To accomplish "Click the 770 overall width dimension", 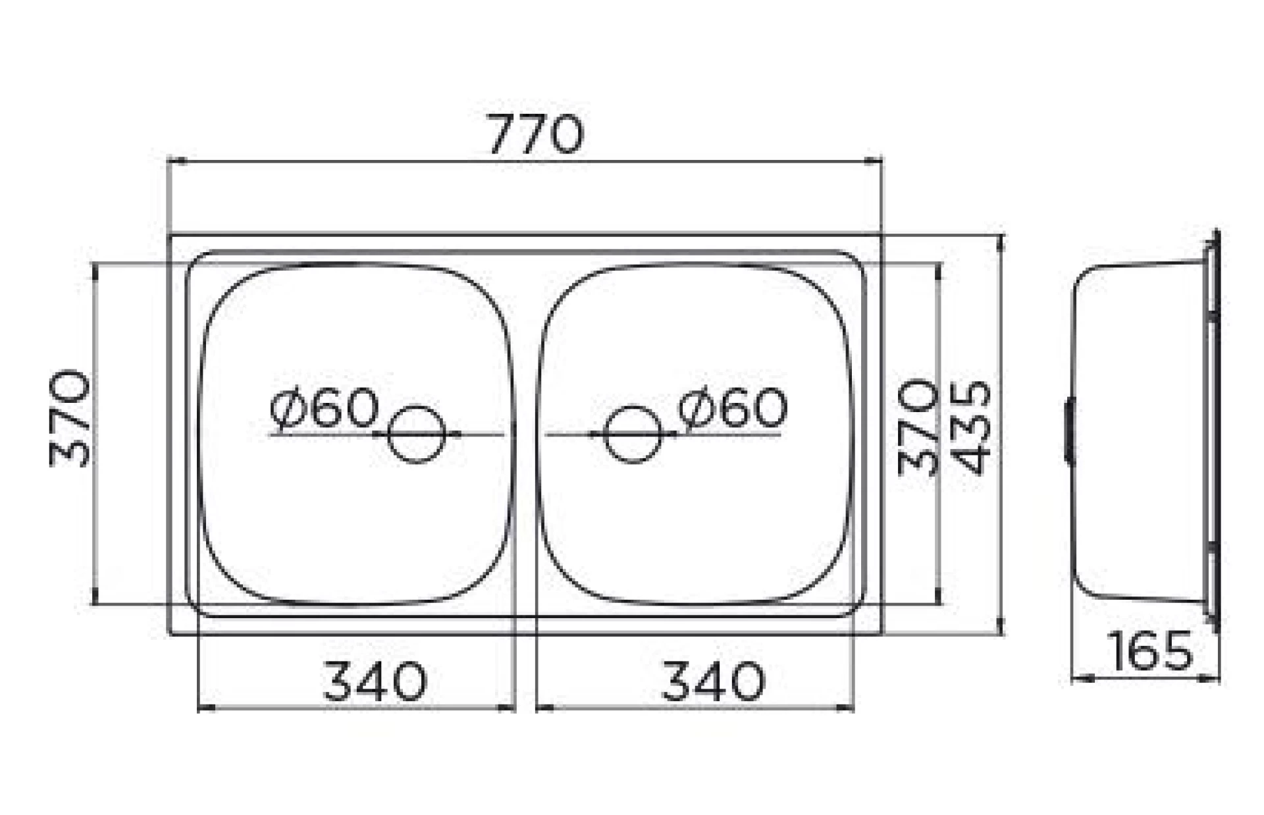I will (535, 135).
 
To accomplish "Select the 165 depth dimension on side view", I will (1150, 651).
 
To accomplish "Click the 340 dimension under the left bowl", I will (375, 682).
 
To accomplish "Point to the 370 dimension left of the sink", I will (70, 419).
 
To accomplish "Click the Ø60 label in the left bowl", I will (325, 409).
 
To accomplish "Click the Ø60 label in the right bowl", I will (732, 408).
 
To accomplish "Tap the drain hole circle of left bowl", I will (417, 434).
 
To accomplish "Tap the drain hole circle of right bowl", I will (633, 434).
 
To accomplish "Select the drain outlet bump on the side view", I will (1069, 432).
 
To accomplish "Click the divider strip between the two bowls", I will (525, 434).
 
